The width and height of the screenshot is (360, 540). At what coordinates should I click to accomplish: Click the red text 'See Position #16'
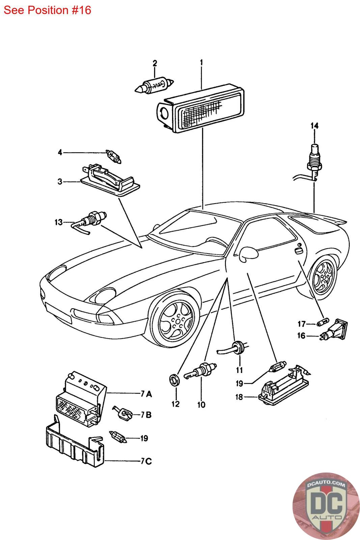coord(47,10)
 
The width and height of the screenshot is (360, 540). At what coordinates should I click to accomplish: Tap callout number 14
coord(314,126)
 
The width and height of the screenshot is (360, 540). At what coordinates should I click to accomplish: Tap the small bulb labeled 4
coord(113,157)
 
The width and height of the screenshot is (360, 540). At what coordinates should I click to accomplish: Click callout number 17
coord(301,324)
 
